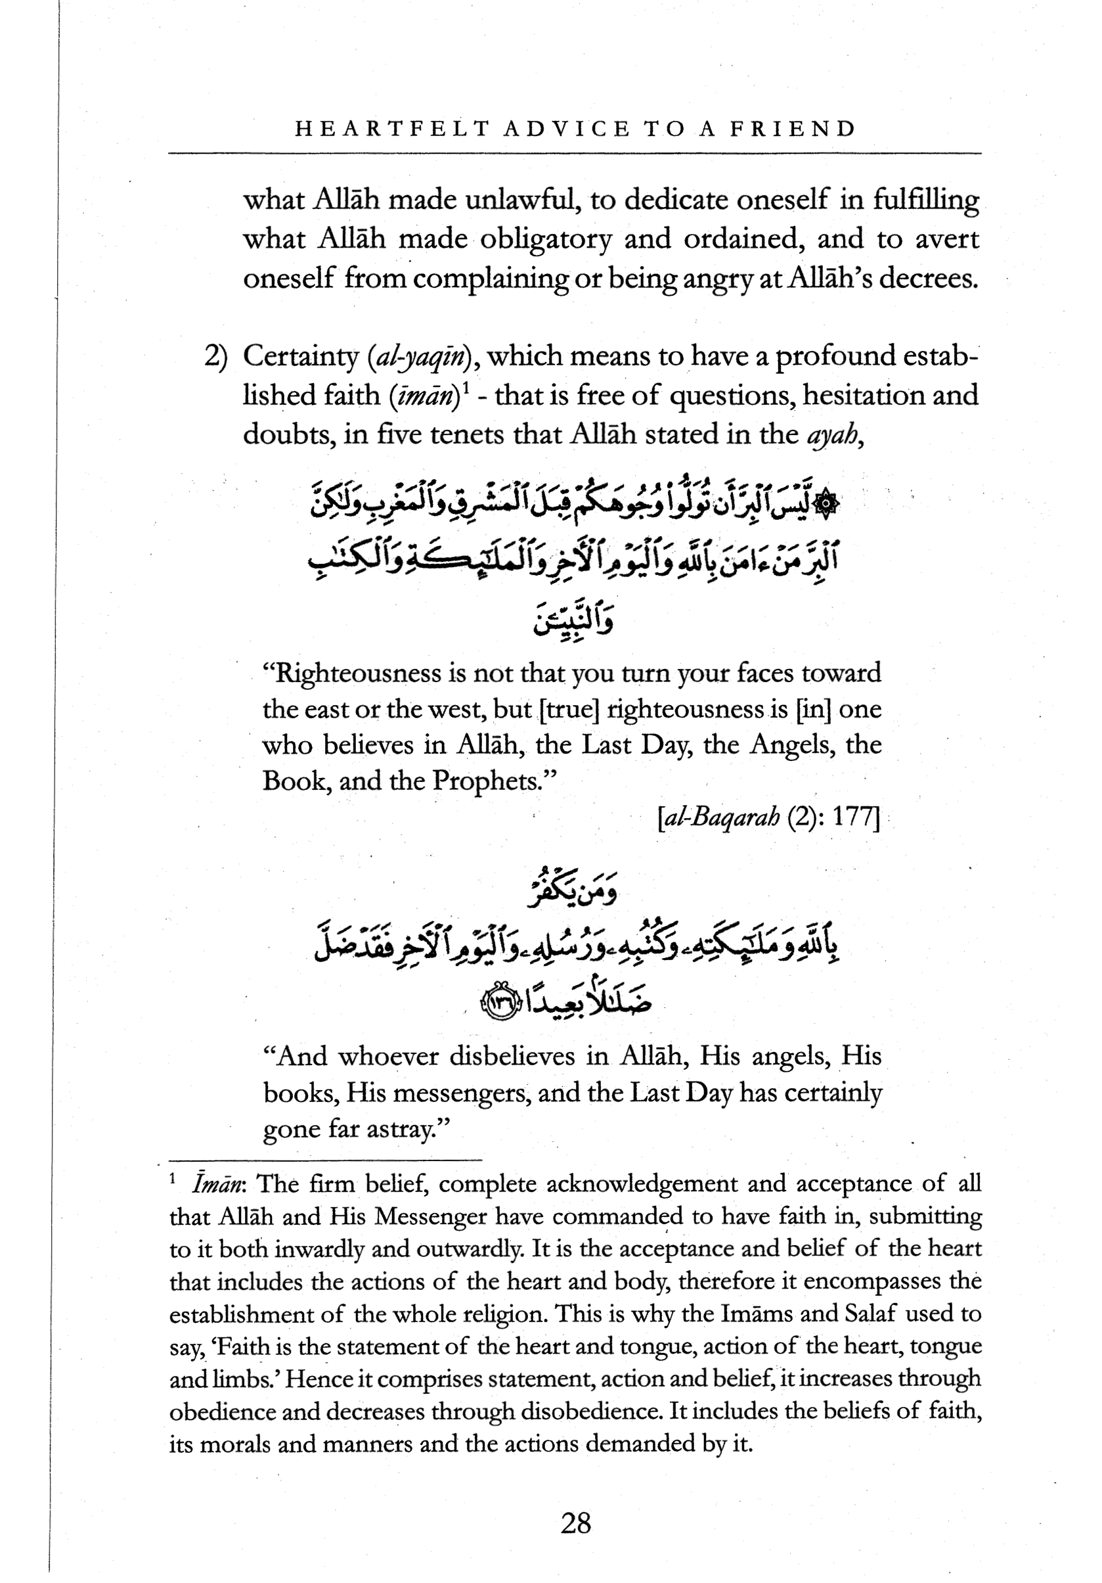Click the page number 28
click(x=575, y=1523)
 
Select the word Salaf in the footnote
click(x=868, y=1314)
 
